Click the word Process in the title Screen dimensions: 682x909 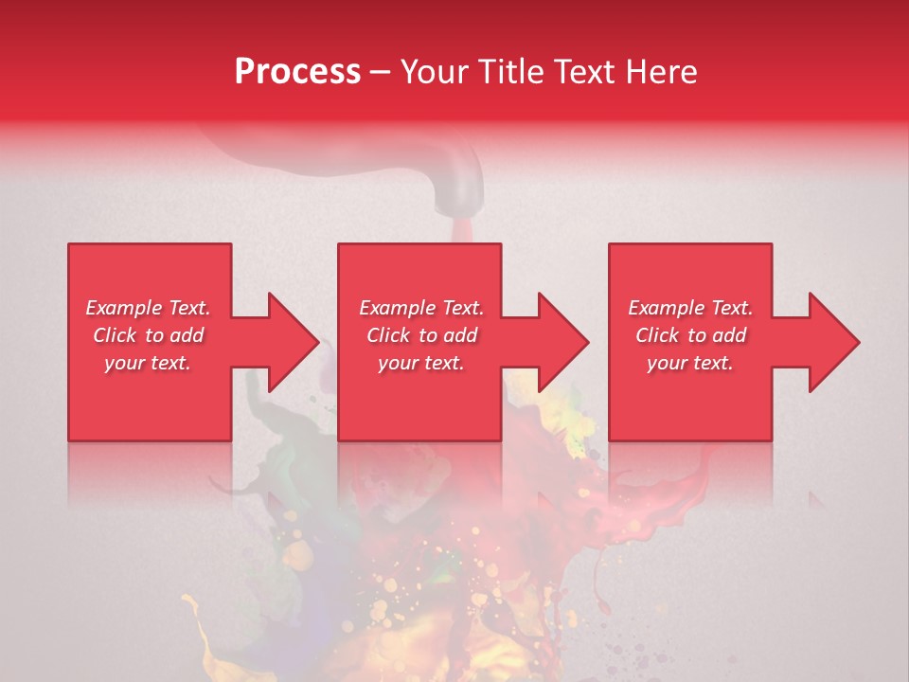pyautogui.click(x=297, y=72)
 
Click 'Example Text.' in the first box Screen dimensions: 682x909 pyautogui.click(x=149, y=308)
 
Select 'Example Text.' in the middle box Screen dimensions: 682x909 pyautogui.click(x=421, y=308)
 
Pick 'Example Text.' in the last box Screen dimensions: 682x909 pyautogui.click(x=690, y=308)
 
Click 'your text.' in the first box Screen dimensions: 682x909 pyautogui.click(x=148, y=364)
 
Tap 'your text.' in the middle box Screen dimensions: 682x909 pyautogui.click(x=421, y=364)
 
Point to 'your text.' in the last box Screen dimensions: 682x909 pyautogui.click(x=690, y=364)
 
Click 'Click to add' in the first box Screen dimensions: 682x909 pyautogui.click(x=149, y=335)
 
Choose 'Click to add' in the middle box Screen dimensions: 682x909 pyautogui.click(x=421, y=335)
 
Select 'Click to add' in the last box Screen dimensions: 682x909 pyautogui.click(x=690, y=335)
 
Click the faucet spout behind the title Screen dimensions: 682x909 pyautogui.click(x=457, y=185)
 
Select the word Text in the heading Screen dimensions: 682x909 pyautogui.click(x=580, y=72)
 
